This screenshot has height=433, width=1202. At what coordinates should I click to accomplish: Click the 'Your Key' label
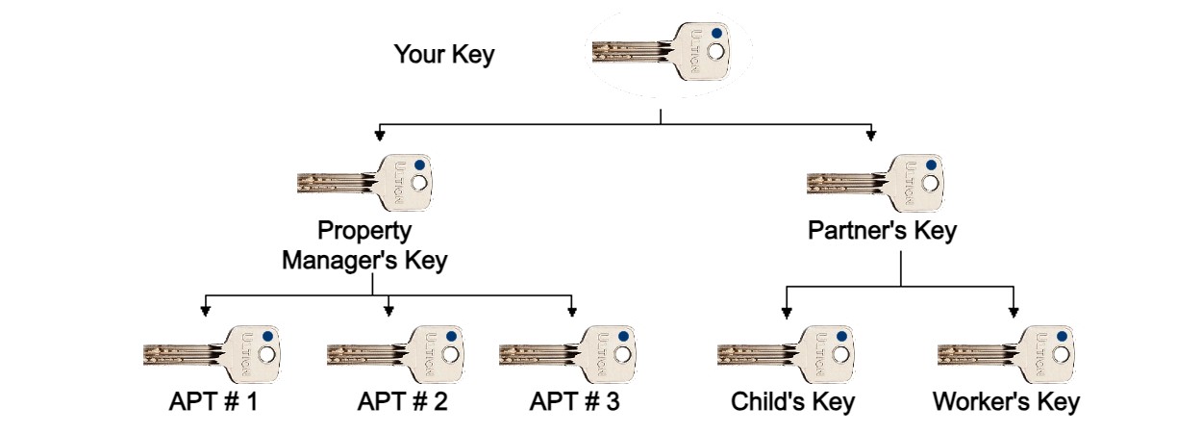coord(444,55)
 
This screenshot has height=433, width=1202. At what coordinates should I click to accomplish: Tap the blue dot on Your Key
coord(716,33)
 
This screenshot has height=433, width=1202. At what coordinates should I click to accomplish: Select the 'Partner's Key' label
coord(882,231)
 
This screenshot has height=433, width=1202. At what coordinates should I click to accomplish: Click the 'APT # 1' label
coord(213,401)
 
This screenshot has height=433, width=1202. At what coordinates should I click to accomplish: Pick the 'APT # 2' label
coord(403,401)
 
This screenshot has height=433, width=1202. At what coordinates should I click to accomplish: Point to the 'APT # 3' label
coord(575,401)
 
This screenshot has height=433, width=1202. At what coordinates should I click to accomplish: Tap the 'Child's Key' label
coord(792,402)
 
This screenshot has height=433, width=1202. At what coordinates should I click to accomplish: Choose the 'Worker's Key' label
coord(1006,402)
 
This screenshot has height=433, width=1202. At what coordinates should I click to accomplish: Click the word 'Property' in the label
coord(364,231)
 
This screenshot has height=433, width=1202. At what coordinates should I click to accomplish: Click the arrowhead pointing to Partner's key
coord(871,135)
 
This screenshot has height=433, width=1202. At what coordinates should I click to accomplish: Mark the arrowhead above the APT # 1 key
coord(205,311)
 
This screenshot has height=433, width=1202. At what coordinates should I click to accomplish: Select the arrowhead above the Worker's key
coord(1014,312)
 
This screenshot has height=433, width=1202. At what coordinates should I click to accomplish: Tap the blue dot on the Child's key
coord(841,337)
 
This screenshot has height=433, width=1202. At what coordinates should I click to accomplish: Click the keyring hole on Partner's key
coord(931,183)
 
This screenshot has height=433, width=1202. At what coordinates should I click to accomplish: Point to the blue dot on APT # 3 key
coord(623,337)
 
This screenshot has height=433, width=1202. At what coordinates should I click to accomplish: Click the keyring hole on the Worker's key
coord(1061,354)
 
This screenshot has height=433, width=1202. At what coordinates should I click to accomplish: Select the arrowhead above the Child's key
coord(787,312)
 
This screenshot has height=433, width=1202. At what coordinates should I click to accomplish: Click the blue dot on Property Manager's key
coord(419,165)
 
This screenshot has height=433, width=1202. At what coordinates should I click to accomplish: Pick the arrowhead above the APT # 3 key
coord(572,311)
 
